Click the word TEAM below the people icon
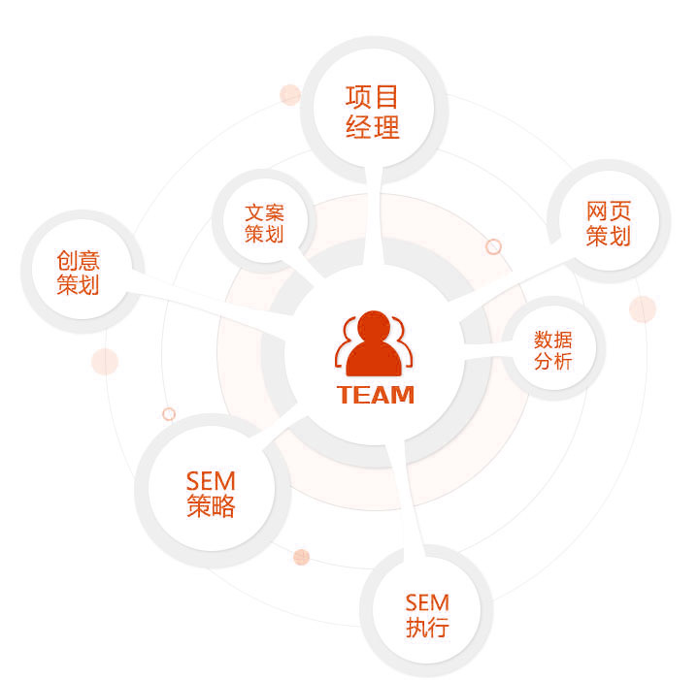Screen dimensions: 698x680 pos(376,395)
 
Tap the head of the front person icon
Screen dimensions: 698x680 pos(374,326)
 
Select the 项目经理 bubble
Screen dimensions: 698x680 pos(374,111)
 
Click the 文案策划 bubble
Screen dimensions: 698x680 pos(264,222)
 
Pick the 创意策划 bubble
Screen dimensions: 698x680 pos(82,272)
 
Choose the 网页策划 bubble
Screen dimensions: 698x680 pos(609,221)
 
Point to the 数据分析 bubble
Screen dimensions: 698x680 pos(553,348)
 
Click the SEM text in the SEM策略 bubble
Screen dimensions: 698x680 pos(211,481)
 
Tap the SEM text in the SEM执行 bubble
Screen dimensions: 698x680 pos(427,603)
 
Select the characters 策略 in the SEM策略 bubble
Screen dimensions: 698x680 pos(211,506)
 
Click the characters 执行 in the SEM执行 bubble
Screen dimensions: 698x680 pos(427,627)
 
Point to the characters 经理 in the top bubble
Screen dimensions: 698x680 pos(373,127)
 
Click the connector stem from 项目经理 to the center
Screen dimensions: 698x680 pos(374,218)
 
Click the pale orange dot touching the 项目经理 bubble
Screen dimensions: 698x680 pos(290,95)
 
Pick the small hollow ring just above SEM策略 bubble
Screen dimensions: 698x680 pos(169,414)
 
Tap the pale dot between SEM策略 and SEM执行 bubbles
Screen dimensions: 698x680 pos(301,557)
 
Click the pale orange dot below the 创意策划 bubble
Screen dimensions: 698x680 pos(105,362)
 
